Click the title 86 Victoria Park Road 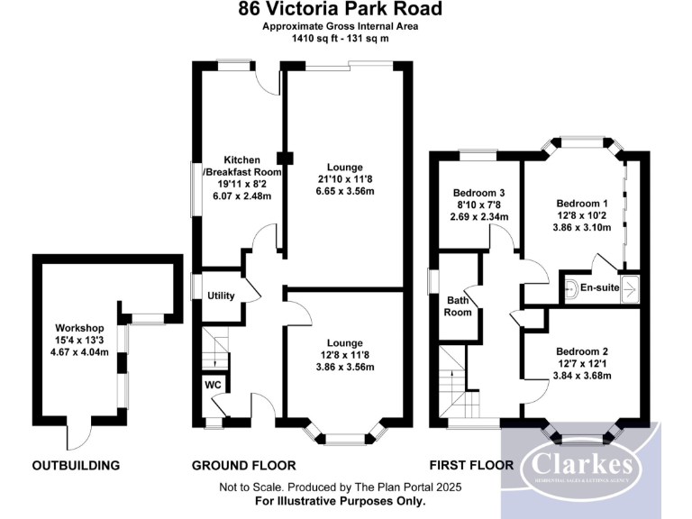pyautogui.click(x=341, y=10)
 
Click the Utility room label pyautogui.click(x=221, y=296)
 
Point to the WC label pyautogui.click(x=213, y=384)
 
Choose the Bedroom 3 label pyautogui.click(x=478, y=193)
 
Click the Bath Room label pyautogui.click(x=458, y=306)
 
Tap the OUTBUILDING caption pyautogui.click(x=76, y=466)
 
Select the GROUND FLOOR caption pyautogui.click(x=243, y=466)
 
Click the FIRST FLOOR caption pyautogui.click(x=471, y=466)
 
